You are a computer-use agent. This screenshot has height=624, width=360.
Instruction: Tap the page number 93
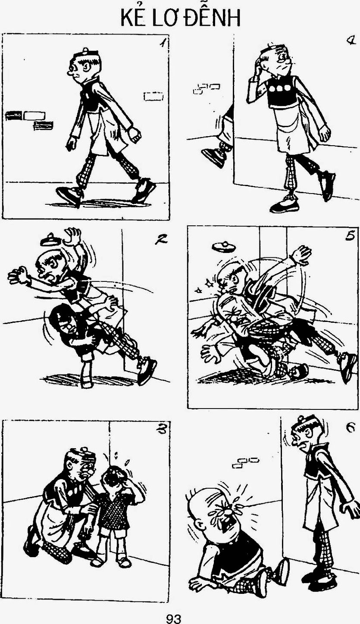click(174, 619)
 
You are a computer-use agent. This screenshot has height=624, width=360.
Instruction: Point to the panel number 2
click(161, 239)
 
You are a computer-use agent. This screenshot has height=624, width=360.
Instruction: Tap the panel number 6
click(351, 427)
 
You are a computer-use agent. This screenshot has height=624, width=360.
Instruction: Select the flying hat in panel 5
click(224, 246)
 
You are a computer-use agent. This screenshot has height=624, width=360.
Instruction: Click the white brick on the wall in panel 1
click(34, 115)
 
